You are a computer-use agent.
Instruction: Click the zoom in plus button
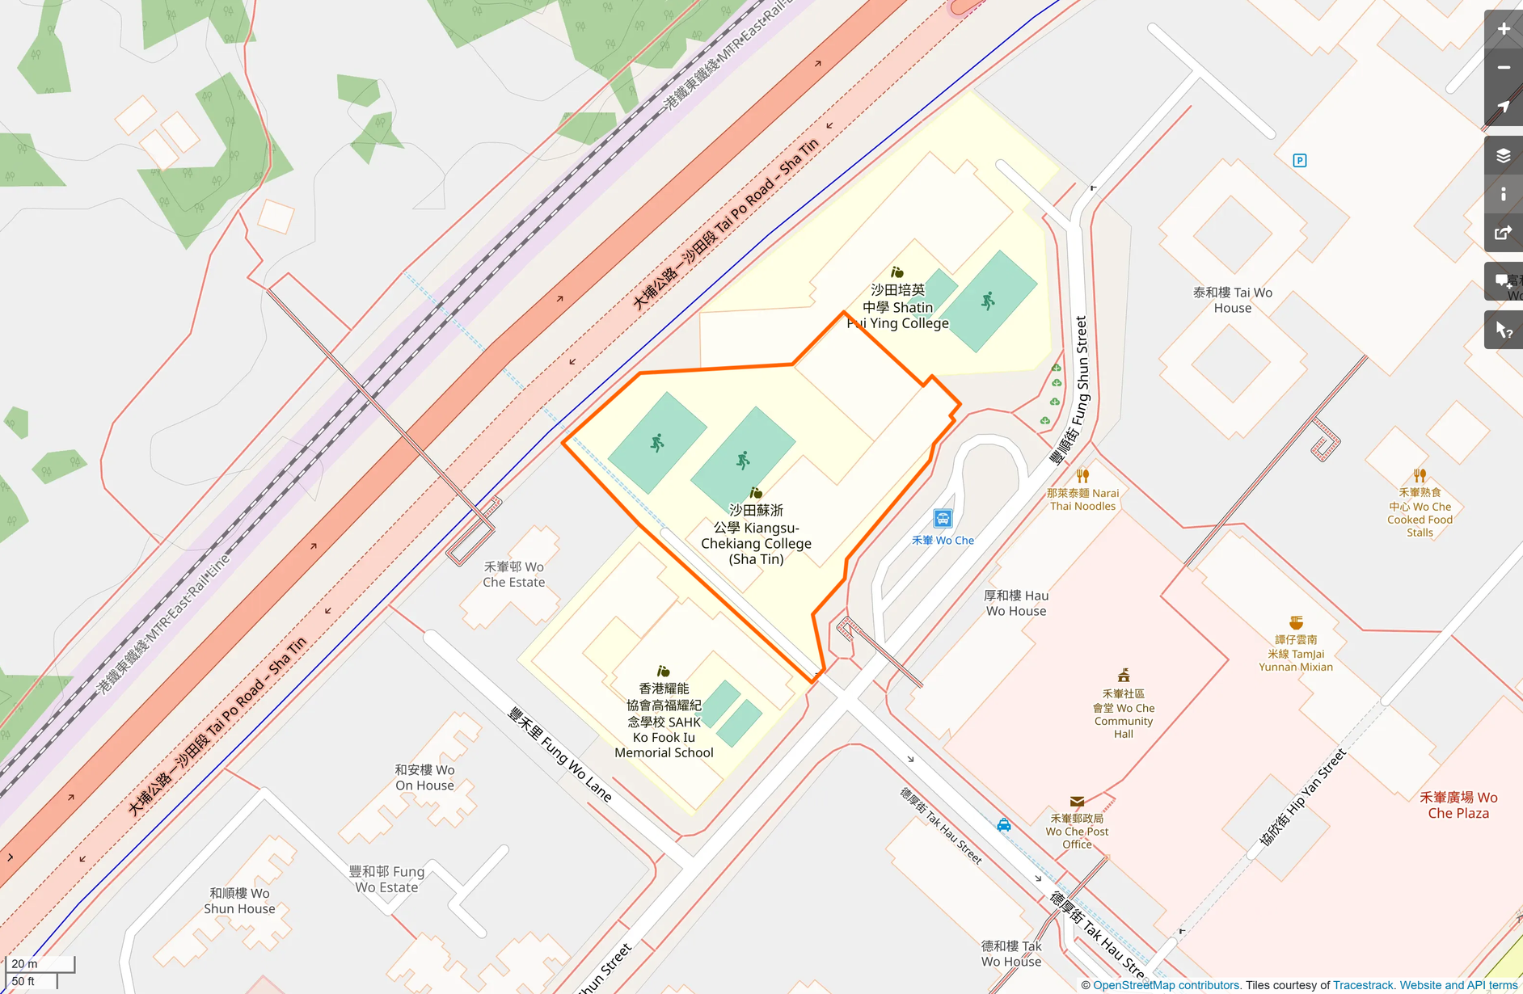[1503, 29]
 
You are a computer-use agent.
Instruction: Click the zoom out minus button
[1503, 68]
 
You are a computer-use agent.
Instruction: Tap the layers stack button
[1503, 155]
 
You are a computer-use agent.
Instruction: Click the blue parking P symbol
[1299, 160]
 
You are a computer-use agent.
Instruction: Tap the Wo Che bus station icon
[943, 519]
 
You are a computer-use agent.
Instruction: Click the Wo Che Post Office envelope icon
[1077, 802]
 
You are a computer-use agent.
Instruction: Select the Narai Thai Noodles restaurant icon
[1082, 476]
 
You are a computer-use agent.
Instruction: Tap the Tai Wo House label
[1232, 300]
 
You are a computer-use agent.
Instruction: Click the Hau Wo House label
[1015, 603]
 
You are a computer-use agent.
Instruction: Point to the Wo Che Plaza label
[1458, 805]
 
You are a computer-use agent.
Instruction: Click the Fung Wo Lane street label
[559, 754]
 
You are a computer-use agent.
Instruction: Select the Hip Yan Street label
[1302, 797]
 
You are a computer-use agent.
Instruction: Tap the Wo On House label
[424, 777]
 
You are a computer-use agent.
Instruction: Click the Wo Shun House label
[239, 900]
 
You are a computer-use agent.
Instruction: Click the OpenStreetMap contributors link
[1166, 985]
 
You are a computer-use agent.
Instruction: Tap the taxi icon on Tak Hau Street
[1003, 825]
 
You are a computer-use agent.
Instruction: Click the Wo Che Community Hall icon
[1123, 676]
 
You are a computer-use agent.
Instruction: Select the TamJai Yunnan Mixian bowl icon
[1296, 622]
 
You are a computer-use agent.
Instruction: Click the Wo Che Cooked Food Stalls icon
[1420, 475]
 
